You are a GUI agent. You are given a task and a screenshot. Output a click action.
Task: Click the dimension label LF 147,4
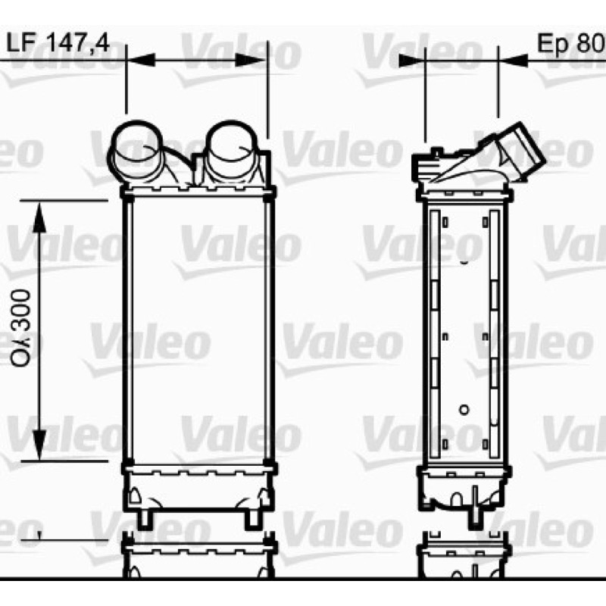[58, 42]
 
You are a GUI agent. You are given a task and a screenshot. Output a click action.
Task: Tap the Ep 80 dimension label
[571, 42]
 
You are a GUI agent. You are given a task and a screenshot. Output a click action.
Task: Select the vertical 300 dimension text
[21, 329]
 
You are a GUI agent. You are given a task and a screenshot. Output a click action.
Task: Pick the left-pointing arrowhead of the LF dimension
[141, 60]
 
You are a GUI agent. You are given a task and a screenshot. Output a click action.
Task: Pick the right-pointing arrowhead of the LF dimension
[251, 60]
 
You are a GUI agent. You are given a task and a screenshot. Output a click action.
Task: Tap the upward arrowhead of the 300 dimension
[39, 217]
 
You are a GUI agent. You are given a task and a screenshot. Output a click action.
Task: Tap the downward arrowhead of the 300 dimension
[39, 445]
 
